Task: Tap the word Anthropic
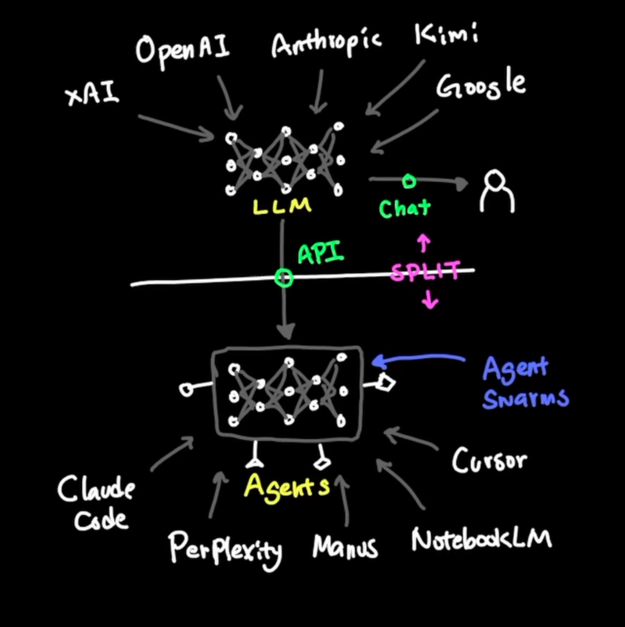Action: tap(326, 44)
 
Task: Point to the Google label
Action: tap(481, 86)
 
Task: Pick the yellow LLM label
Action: tap(282, 206)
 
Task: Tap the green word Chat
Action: tap(405, 208)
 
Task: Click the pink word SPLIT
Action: tap(425, 271)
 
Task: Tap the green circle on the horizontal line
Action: tap(283, 279)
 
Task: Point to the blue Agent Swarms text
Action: tap(525, 383)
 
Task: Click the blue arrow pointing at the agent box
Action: tap(419, 359)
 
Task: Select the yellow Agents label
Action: tap(286, 487)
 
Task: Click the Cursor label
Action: tap(489, 460)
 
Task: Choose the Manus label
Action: tap(345, 546)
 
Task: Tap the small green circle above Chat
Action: tap(409, 181)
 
